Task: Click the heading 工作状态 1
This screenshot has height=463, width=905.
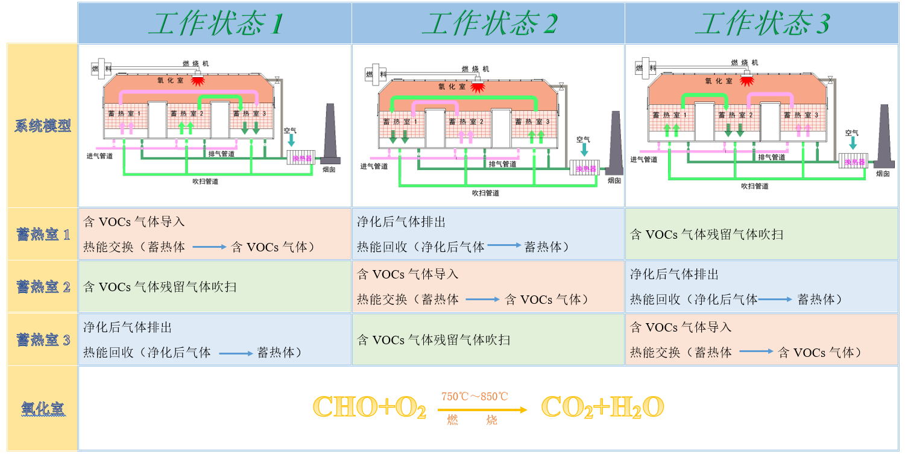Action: pyautogui.click(x=215, y=24)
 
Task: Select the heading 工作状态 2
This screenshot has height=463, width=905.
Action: pyautogui.click(x=488, y=24)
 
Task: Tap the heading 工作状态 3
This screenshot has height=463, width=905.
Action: pyautogui.click(x=762, y=24)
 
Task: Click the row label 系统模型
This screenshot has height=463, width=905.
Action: pyautogui.click(x=43, y=126)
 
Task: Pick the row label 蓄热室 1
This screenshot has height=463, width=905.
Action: pyautogui.click(x=43, y=235)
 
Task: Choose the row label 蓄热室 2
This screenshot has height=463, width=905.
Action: pyautogui.click(x=43, y=287)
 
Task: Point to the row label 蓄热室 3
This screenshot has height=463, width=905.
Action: pyautogui.click(x=43, y=340)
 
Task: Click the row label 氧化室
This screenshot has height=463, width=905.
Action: pyautogui.click(x=43, y=409)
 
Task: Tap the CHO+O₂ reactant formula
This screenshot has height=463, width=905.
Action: pyautogui.click(x=370, y=408)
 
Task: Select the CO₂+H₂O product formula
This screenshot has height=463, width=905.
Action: pyautogui.click(x=602, y=408)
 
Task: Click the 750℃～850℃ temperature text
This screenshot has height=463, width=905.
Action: pyautogui.click(x=475, y=397)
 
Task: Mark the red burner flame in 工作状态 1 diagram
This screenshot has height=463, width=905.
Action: pyautogui.click(x=197, y=80)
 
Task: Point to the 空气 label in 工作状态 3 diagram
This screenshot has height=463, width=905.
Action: pyautogui.click(x=851, y=133)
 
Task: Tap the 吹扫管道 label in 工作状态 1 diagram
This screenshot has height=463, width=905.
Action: pyautogui.click(x=205, y=180)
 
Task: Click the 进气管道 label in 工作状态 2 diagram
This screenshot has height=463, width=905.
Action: pyautogui.click(x=374, y=166)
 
